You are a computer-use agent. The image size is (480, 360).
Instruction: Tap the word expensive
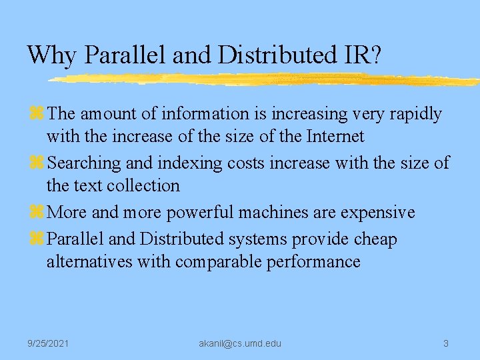pyautogui.click(x=378, y=213)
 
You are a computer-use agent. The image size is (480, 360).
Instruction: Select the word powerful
pyautogui.click(x=197, y=213)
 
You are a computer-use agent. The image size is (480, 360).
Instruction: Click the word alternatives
pyautogui.click(x=89, y=261)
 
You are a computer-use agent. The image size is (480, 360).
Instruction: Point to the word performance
pyautogui.click(x=313, y=261)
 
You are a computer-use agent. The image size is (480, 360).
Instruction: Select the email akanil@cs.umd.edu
pyautogui.click(x=240, y=343)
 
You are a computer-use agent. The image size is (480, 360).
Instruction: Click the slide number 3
pyautogui.click(x=446, y=343)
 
